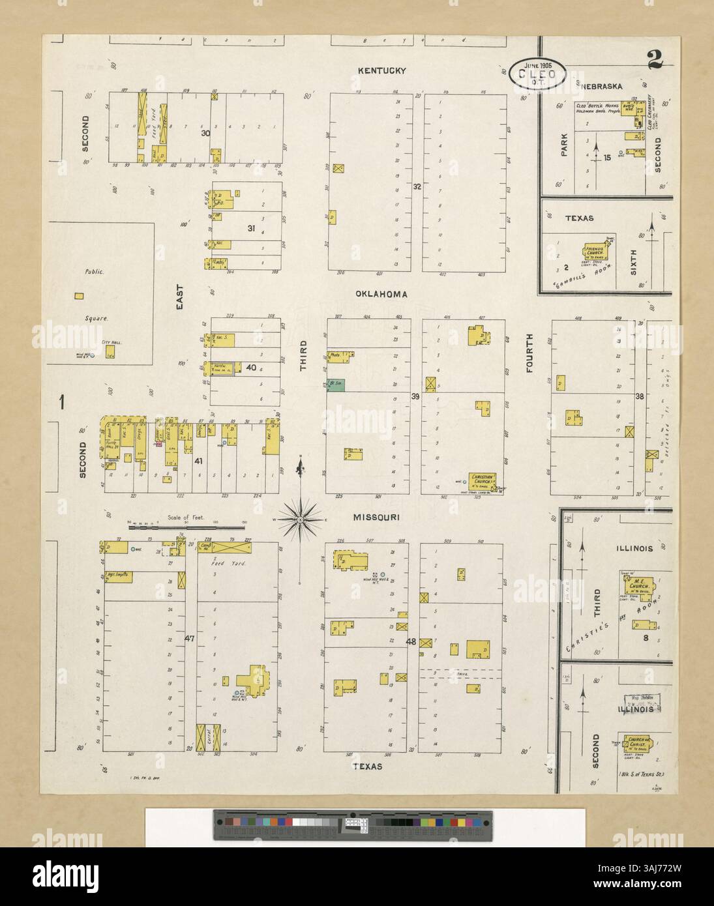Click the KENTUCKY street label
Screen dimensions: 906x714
click(381, 70)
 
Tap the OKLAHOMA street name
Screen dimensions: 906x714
click(381, 294)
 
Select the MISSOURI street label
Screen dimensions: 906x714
click(376, 517)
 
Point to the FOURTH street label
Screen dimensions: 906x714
click(529, 354)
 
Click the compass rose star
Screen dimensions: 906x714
click(301, 519)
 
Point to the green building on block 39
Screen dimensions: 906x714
click(336, 387)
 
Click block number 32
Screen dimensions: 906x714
click(417, 186)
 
